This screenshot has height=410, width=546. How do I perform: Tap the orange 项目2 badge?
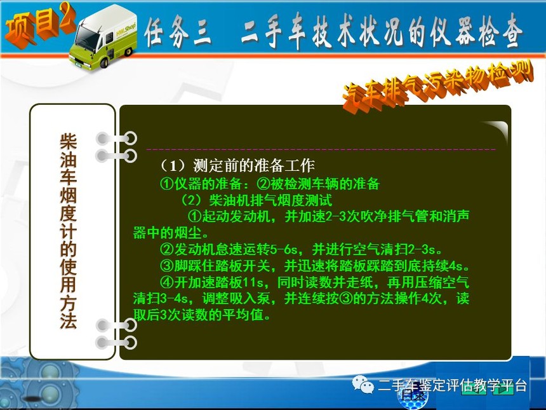click(x=39, y=25)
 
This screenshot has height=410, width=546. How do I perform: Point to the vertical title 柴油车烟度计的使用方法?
click(x=69, y=231)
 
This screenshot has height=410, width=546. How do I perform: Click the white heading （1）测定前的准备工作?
click(x=237, y=166)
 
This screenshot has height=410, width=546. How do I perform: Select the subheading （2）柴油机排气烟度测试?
click(x=256, y=200)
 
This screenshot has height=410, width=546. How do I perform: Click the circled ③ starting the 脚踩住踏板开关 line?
click(x=167, y=266)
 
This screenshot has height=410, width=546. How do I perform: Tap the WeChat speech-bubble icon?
click(x=363, y=384)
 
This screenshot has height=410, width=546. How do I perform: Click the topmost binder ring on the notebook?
click(x=117, y=139)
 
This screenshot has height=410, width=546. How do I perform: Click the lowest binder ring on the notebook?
click(x=117, y=343)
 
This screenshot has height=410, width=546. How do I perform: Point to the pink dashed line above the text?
click(x=321, y=149)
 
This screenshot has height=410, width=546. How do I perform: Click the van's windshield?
click(x=86, y=38)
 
